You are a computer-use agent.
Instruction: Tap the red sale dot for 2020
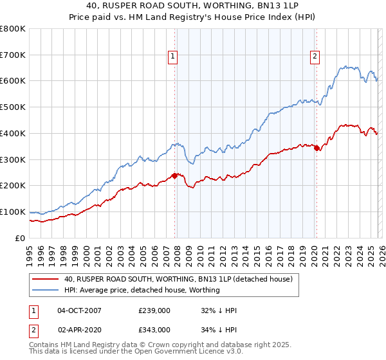[x=317, y=148]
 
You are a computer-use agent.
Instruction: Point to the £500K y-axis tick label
[x=13, y=107]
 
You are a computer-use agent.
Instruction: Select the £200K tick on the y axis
[x=13, y=185]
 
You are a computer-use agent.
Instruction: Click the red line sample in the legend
[x=46, y=280]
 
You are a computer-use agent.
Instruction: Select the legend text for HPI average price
[x=142, y=290]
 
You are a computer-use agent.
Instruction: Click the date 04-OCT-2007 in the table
[x=79, y=310]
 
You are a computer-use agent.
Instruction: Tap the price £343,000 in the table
[x=154, y=330]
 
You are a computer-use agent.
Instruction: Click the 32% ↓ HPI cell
[x=219, y=310]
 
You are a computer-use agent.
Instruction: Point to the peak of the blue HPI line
[x=347, y=66]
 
